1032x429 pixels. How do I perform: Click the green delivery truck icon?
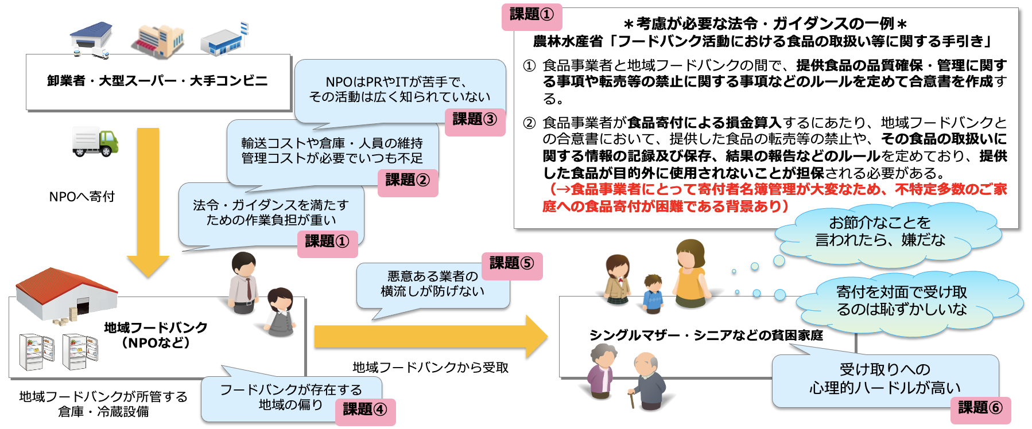pyautogui.click(x=95, y=142)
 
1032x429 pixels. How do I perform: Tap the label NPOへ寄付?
pyautogui.click(x=82, y=197)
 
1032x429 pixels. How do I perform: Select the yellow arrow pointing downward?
pyautogui.click(x=148, y=201)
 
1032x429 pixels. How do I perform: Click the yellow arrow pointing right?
pyautogui.click(x=430, y=337)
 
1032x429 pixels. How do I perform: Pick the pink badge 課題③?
pyautogui.click(x=475, y=120)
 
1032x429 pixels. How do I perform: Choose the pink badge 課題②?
pyautogui.click(x=408, y=181)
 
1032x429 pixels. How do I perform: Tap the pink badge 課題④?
pyautogui.click(x=365, y=409)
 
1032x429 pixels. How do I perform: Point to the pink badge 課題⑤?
pyautogui.click(x=511, y=264)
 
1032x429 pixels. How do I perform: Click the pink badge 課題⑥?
pyautogui.click(x=980, y=408)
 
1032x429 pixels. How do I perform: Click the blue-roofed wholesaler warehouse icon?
pyautogui.click(x=91, y=39)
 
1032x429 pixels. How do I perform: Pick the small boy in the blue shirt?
pyautogui.click(x=653, y=293)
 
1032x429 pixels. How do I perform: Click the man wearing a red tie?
pyautogui.click(x=244, y=282)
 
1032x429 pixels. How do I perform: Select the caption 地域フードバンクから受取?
pyautogui.click(x=430, y=368)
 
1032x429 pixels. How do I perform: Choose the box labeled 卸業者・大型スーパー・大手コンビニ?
pyautogui.click(x=158, y=81)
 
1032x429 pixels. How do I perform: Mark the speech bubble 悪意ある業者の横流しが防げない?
pyautogui.click(x=433, y=284)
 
